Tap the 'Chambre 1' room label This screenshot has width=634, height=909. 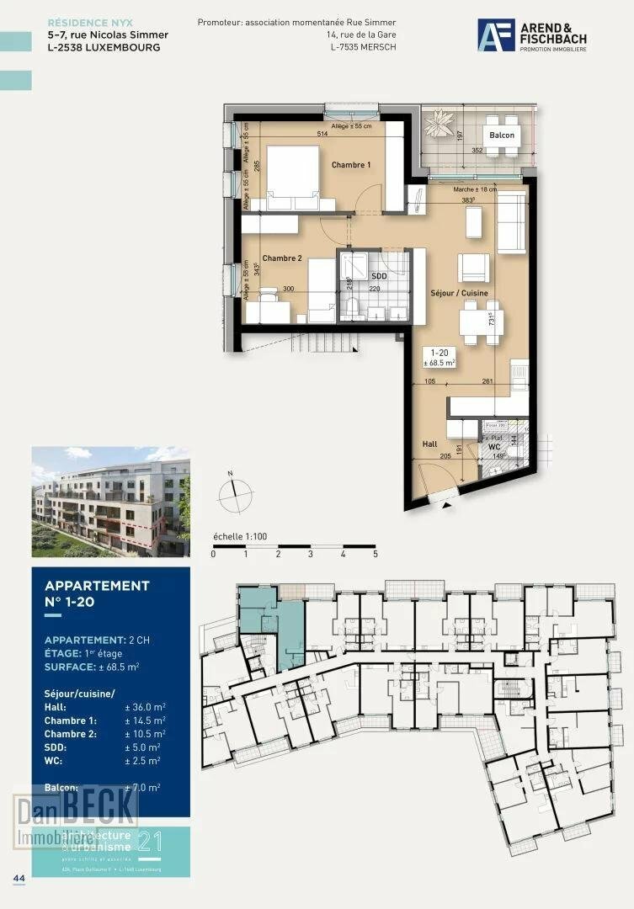coord(350,165)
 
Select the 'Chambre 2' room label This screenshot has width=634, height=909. coord(281,258)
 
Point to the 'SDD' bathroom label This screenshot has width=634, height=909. coord(379,276)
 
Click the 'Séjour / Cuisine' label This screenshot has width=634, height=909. coord(459,293)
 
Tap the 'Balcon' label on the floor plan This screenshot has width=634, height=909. coord(502,136)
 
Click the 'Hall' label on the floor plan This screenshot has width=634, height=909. coord(429,444)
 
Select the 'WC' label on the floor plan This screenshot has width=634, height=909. coord(495,447)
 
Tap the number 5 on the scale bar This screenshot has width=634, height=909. coord(376,555)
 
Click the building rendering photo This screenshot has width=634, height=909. coord(110,502)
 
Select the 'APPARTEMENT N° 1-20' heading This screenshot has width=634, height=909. coord(97,593)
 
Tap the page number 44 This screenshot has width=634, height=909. coord(19,878)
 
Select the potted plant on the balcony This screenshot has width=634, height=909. coord(440,125)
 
